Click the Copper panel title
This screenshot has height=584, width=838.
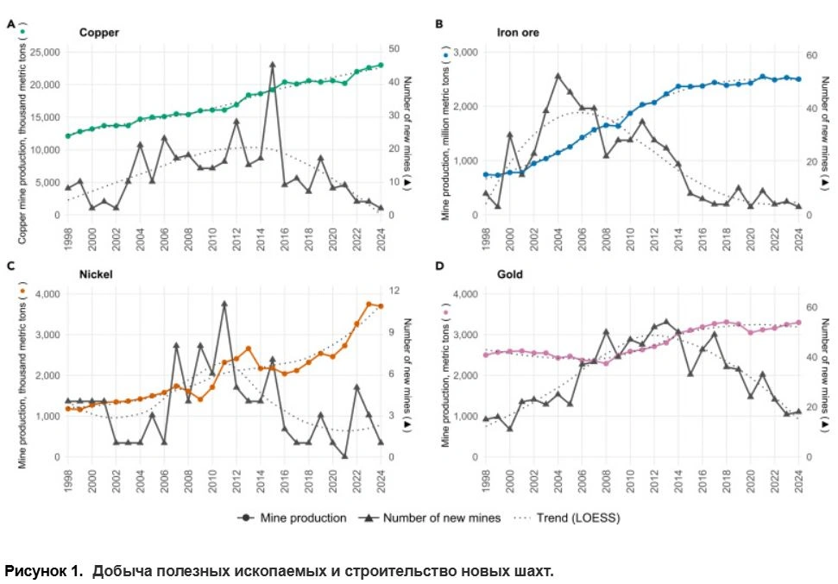click(x=98, y=33)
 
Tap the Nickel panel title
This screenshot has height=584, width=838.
click(x=96, y=275)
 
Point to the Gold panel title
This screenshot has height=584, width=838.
click(x=511, y=275)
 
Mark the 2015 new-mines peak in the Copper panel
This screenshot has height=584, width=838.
click(x=272, y=64)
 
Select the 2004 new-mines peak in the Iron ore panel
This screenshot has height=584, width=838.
click(x=558, y=76)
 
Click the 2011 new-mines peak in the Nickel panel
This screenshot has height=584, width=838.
click(x=224, y=304)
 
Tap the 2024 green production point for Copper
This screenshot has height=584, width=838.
click(x=380, y=64)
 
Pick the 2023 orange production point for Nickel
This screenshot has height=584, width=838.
click(x=369, y=305)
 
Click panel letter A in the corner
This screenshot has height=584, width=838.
click(x=11, y=25)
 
